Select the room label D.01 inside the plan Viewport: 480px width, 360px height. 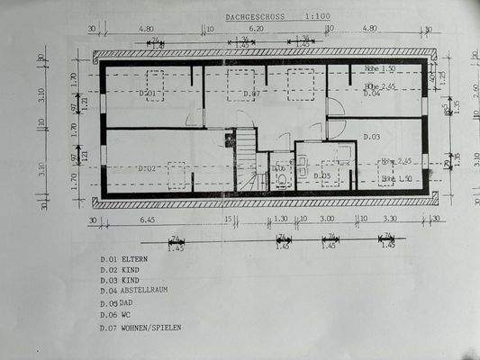pyautogui.click(x=148, y=93)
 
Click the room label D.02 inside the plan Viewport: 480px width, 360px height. pyautogui.click(x=148, y=168)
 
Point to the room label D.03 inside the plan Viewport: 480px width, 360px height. pyautogui.click(x=372, y=136)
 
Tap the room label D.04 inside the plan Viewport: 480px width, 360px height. pyautogui.click(x=371, y=93)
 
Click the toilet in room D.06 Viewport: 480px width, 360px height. pyautogui.click(x=282, y=178)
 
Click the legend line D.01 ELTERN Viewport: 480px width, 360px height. pyautogui.click(x=124, y=258)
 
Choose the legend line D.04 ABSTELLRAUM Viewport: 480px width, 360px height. pyautogui.click(x=134, y=291)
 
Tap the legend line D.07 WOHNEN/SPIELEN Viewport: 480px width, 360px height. pyautogui.click(x=140, y=328)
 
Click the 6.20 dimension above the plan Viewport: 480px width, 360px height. pyautogui.click(x=256, y=29)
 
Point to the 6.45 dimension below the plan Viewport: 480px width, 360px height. pyautogui.click(x=149, y=219)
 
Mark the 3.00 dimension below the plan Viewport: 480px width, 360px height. pyautogui.click(x=327, y=219)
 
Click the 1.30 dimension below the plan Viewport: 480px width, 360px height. pyautogui.click(x=281, y=219)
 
